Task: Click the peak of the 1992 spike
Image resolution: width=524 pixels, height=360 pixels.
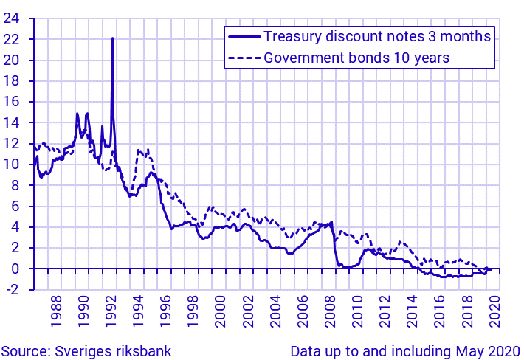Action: [112, 38]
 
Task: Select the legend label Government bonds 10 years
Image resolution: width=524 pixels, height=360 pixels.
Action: [356, 57]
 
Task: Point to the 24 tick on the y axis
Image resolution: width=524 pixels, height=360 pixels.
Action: [11, 18]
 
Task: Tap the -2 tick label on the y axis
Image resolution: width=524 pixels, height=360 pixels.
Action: [13, 290]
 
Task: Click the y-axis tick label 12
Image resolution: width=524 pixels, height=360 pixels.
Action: [11, 144]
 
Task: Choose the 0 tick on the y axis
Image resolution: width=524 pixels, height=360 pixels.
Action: [15, 269]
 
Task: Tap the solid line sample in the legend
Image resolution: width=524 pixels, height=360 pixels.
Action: [244, 36]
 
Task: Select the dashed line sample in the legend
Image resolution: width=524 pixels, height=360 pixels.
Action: [244, 57]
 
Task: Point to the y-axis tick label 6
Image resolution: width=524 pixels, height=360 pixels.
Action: [15, 207]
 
